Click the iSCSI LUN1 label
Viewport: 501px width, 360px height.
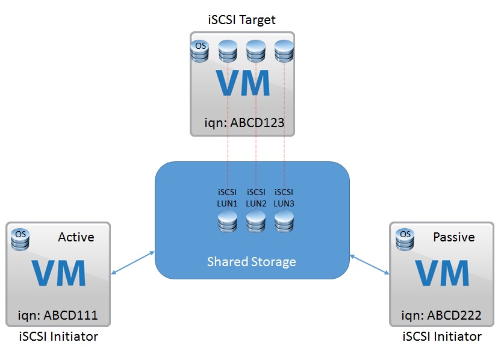point(228,197)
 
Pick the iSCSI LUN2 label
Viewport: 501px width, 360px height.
point(256,197)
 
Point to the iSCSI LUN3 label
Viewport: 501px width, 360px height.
point(284,197)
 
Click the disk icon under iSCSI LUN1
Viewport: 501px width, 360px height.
point(228,222)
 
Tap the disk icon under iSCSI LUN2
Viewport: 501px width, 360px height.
point(256,222)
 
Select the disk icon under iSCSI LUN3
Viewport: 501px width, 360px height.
point(284,222)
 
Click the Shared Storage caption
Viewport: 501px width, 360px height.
point(252,262)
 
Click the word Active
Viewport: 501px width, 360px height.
point(76,237)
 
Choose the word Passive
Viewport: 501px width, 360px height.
point(454,237)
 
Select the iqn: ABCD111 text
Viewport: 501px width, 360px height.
point(58,315)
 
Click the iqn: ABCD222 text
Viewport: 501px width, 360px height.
point(441,315)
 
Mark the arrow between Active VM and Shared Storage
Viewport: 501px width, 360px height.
point(133,265)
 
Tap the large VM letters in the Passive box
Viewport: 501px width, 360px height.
point(442,275)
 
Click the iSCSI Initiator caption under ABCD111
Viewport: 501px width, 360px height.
point(58,337)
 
